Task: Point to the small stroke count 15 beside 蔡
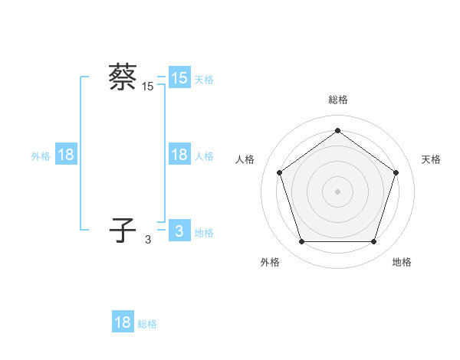[x=148, y=87]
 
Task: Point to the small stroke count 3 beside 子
[x=148, y=240]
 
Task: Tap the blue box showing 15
[x=179, y=78]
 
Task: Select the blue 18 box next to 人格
[x=179, y=155]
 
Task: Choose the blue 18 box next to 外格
[x=66, y=155]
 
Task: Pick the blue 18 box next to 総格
[x=123, y=322]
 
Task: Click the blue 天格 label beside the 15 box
[x=204, y=79]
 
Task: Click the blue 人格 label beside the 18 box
[x=204, y=155]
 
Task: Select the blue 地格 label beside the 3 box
[x=204, y=232]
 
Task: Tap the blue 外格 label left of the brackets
[x=41, y=155]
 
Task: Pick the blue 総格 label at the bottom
[x=147, y=323]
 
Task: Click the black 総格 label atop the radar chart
[x=338, y=100]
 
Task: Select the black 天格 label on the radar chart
[x=431, y=159]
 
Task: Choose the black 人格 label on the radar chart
[x=245, y=159]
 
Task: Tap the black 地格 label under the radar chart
[x=402, y=262]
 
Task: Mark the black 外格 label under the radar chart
[x=270, y=262]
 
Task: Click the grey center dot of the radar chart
[x=337, y=191]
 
